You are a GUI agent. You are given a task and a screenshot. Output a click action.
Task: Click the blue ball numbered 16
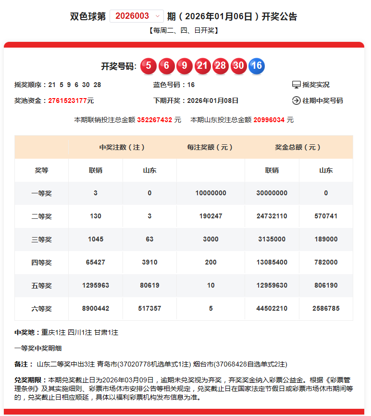pos(257,66)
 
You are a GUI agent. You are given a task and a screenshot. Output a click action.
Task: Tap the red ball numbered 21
pos(202,66)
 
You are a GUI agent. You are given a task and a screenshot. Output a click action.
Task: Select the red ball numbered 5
pos(148,66)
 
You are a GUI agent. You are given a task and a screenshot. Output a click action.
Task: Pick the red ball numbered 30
pos(238,66)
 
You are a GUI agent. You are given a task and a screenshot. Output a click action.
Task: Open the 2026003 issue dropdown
pos(136,16)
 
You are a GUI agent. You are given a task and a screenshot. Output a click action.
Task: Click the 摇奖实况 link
pos(316,85)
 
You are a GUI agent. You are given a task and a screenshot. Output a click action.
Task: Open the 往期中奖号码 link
pos(322,101)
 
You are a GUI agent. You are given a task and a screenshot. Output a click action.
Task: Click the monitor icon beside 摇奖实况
pos(296,85)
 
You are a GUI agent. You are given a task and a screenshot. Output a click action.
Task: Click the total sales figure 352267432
pos(155,120)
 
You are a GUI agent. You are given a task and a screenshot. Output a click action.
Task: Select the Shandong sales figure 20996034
pos(269,120)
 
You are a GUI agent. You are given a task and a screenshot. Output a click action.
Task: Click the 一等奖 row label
pos(41,193)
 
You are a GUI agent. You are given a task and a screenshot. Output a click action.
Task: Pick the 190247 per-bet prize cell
pos(210,216)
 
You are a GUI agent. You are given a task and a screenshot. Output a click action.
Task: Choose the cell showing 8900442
pos(96,309)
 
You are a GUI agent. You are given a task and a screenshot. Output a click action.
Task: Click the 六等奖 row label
pos(41,309)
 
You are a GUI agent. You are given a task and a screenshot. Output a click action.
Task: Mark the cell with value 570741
pos(325,216)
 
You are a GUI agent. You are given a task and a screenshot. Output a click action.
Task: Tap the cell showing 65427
pos(96,263)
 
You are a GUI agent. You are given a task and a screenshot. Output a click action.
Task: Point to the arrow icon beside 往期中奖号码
pos(296,101)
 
